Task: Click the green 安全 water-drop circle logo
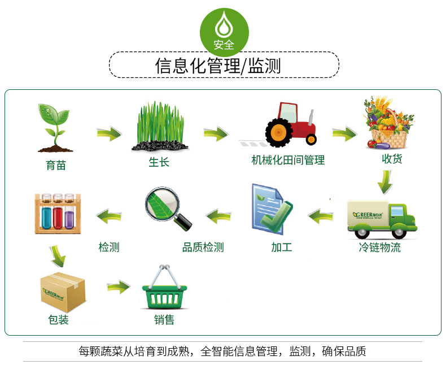click(x=225, y=32)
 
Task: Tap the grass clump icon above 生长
click(x=159, y=127)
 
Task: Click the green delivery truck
click(x=382, y=218)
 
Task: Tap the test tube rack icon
click(x=55, y=213)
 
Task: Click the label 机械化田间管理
click(x=288, y=160)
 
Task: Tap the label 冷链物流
click(x=380, y=247)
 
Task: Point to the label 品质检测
click(x=203, y=247)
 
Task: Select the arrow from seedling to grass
click(x=109, y=134)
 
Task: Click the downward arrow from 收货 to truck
click(x=385, y=181)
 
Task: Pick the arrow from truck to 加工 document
click(x=321, y=215)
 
